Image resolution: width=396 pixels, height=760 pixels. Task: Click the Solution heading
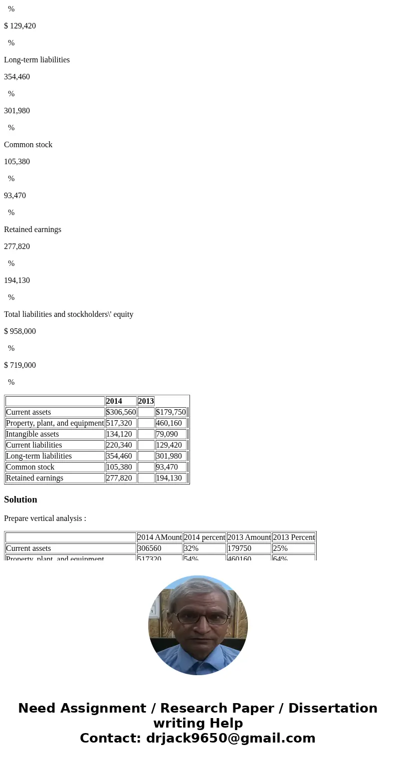click(x=20, y=500)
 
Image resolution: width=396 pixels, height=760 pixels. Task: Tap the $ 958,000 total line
click(x=20, y=331)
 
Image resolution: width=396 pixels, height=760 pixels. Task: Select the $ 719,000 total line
click(x=20, y=365)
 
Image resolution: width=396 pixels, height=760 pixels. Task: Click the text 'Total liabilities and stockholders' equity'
click(x=68, y=314)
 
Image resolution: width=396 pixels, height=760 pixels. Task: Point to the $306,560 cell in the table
click(x=121, y=412)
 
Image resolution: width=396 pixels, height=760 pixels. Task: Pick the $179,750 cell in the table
click(x=171, y=412)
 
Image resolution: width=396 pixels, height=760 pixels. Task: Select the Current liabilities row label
click(x=34, y=445)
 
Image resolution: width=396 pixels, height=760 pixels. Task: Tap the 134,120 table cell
click(x=119, y=434)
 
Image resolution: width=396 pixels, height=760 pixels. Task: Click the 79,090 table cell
click(x=167, y=434)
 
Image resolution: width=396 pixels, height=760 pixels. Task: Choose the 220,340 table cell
click(x=119, y=445)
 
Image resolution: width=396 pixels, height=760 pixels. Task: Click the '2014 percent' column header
click(x=204, y=537)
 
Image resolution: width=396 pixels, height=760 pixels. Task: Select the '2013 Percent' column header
click(x=294, y=537)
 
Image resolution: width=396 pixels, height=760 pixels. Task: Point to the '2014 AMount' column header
click(x=160, y=537)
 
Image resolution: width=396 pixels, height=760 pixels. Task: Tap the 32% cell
click(x=191, y=548)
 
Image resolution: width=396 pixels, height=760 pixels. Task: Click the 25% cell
click(x=280, y=548)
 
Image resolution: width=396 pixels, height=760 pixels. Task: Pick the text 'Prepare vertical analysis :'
click(x=45, y=518)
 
